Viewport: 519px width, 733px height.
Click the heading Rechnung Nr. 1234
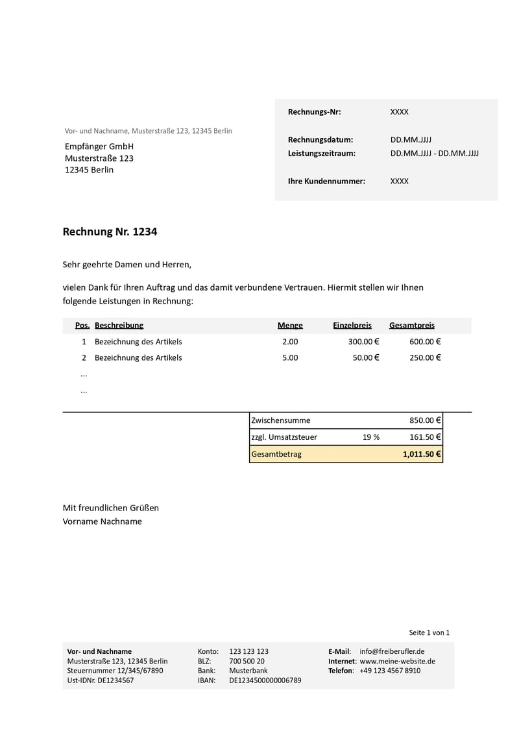tap(110, 232)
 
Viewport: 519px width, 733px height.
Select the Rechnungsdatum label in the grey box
tap(320, 139)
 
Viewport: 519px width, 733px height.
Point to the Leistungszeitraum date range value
tap(434, 154)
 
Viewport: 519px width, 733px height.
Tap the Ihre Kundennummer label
tap(326, 181)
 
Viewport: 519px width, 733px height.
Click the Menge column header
tap(290, 326)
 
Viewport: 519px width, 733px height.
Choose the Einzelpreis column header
tap(352, 326)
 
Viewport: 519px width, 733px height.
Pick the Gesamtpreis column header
tap(412, 326)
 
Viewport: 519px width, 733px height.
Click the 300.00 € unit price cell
tap(363, 342)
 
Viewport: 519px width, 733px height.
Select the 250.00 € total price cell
tap(425, 357)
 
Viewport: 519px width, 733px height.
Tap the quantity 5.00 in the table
tap(290, 357)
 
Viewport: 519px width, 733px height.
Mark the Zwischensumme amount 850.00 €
tap(425, 420)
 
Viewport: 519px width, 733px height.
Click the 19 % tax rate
tap(371, 437)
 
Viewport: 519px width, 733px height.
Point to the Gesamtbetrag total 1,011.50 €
tap(422, 454)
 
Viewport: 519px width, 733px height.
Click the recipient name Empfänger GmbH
tap(99, 146)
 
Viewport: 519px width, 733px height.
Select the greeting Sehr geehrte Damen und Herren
tap(127, 265)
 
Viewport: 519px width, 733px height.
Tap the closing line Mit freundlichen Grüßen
tap(110, 508)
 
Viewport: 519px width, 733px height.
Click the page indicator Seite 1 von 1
tap(429, 632)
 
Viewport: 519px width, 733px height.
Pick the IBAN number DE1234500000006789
tap(265, 680)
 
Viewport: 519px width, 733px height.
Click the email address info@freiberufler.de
tap(392, 651)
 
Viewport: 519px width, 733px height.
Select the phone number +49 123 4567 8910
tap(389, 671)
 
